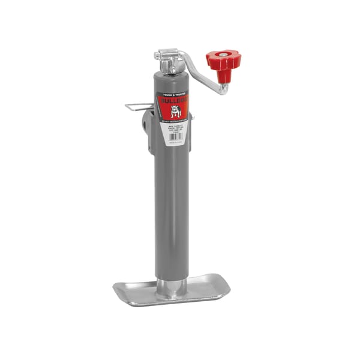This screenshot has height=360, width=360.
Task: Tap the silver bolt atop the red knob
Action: (223, 55)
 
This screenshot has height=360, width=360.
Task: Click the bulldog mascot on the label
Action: (176, 111)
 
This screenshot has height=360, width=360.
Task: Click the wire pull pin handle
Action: (138, 107)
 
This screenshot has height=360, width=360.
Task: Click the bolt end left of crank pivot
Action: (158, 55)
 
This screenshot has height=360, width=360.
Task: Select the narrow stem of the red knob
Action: (223, 75)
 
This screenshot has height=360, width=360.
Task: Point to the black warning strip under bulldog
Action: (174, 121)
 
